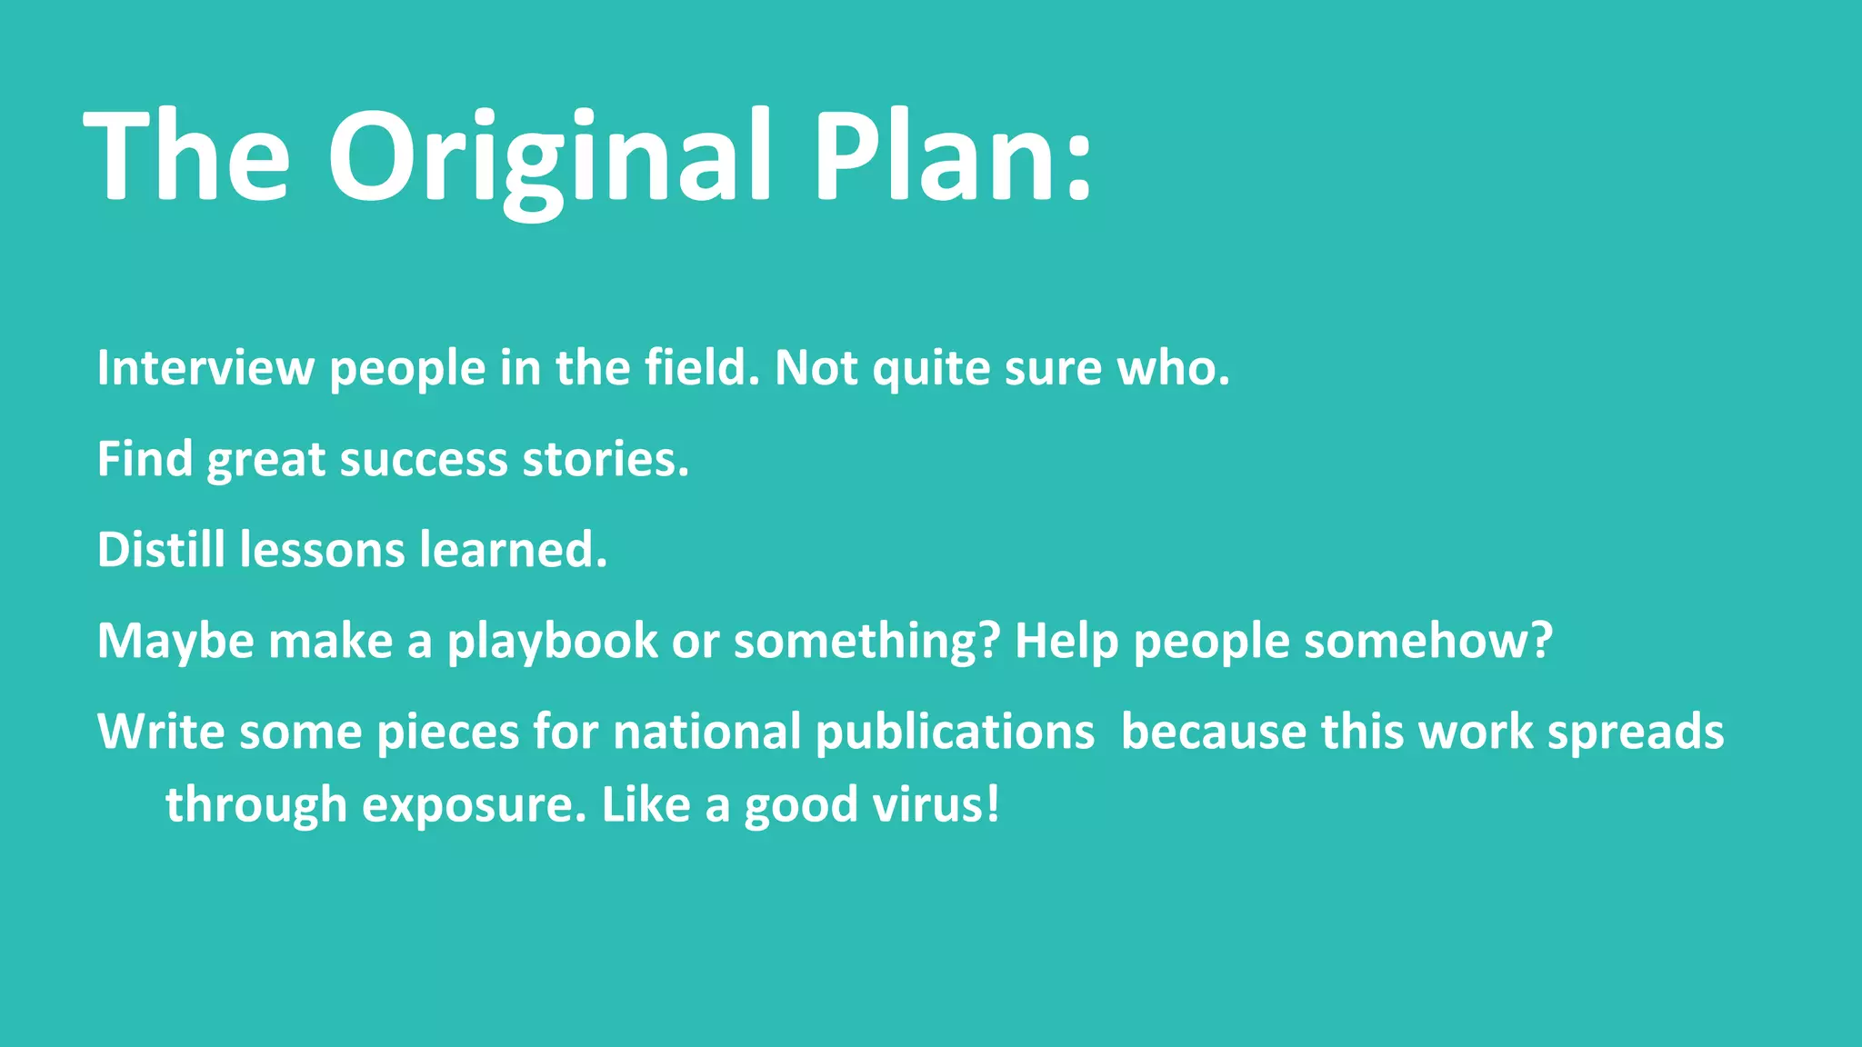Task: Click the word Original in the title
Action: (549, 156)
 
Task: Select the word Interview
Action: (205, 368)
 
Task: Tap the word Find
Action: (145, 459)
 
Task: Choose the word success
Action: (423, 459)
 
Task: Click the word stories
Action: (604, 459)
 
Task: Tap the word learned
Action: (512, 550)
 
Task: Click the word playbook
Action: (552, 642)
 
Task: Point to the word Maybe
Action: (175, 642)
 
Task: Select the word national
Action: (707, 733)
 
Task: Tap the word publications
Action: (955, 733)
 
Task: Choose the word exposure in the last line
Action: (474, 805)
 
